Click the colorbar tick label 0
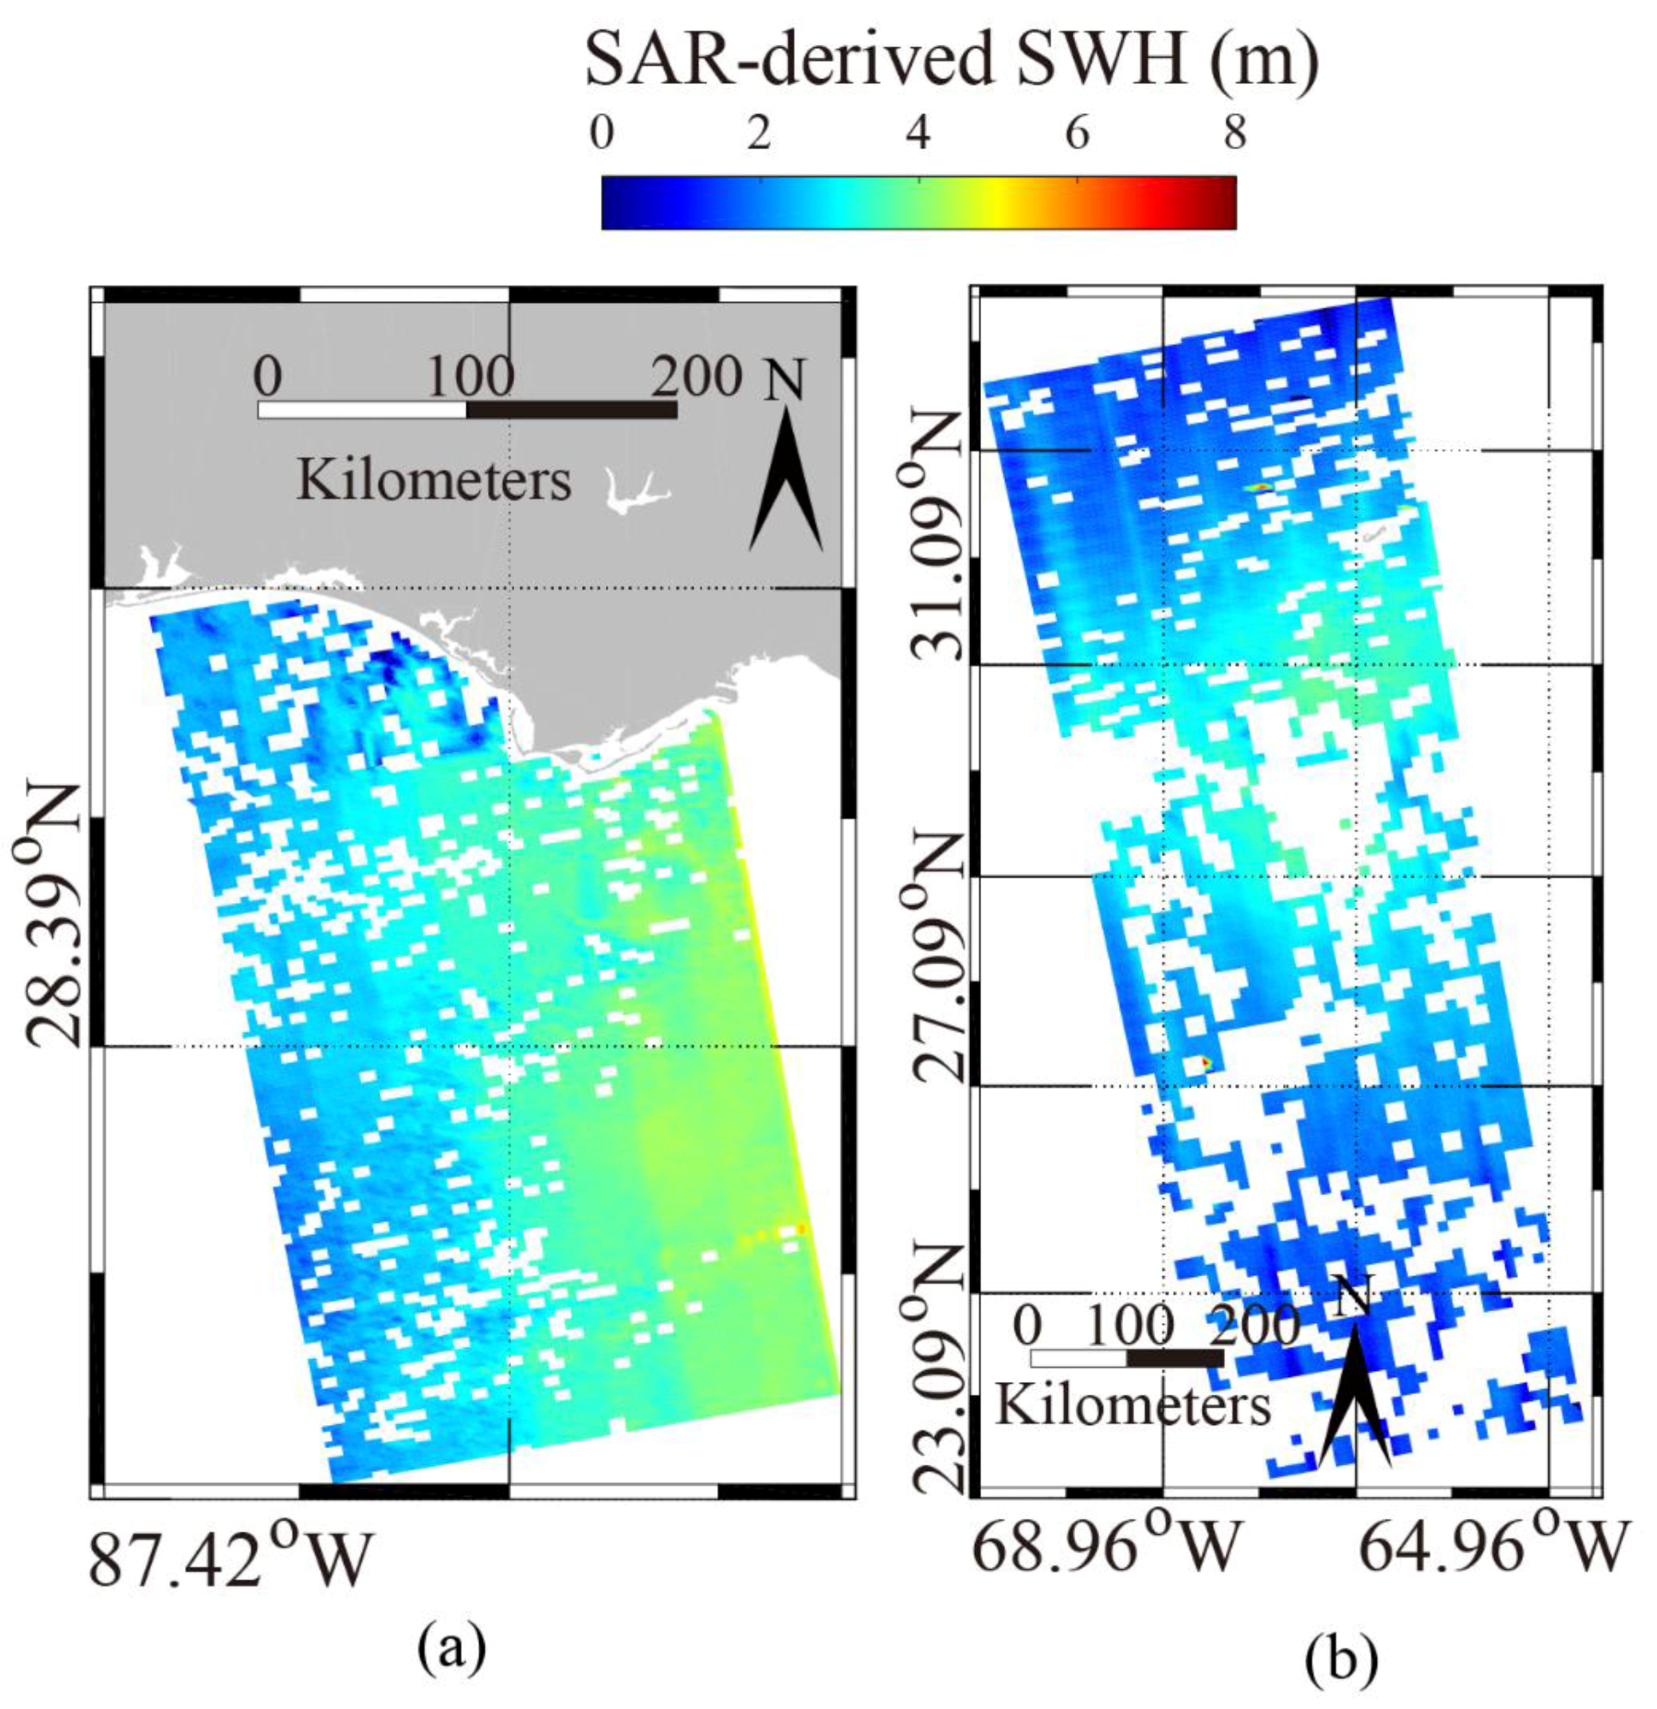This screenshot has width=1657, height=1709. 601,135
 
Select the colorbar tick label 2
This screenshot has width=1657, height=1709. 759,135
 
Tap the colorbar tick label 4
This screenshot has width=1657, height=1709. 918,135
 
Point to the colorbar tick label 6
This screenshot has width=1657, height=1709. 1077,135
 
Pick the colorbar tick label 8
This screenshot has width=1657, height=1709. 1234,135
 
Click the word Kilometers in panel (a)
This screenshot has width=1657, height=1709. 434,481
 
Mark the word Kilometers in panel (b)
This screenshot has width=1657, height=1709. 1132,1406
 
